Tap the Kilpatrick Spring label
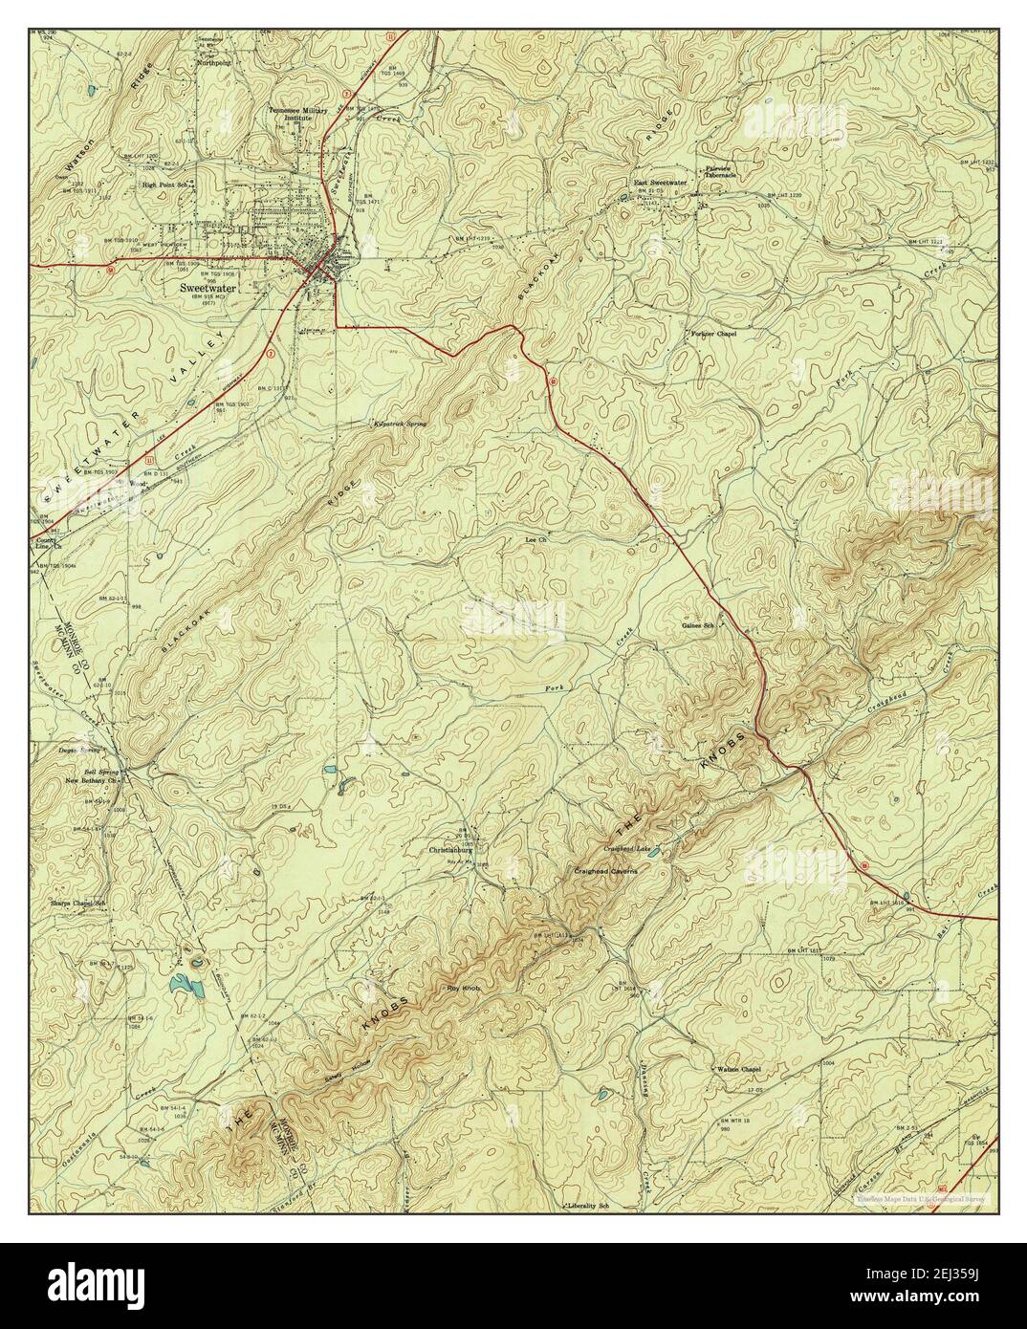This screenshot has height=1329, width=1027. [x=400, y=423]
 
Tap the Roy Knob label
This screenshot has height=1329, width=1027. [x=462, y=987]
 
